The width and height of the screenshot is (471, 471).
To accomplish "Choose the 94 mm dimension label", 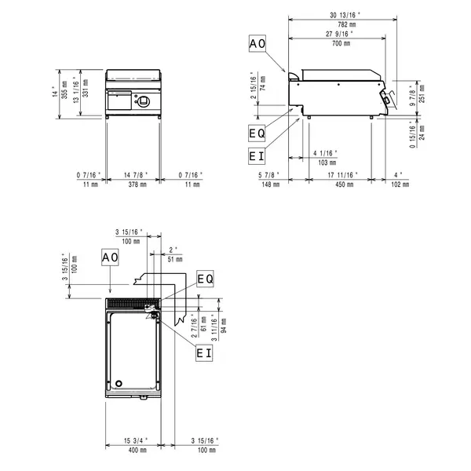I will click(223, 319).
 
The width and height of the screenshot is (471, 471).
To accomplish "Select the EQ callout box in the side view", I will click(256, 134).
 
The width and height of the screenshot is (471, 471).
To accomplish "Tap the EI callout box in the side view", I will click(256, 156).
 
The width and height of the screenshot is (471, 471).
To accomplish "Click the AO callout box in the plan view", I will click(109, 257).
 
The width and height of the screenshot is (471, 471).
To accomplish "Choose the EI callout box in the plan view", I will click(204, 353).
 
